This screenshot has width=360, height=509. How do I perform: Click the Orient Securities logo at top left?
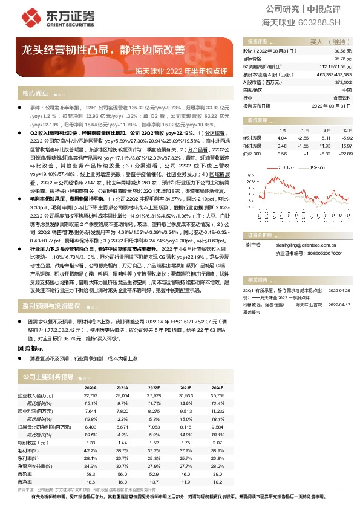point(46,16)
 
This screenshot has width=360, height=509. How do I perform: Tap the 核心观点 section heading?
point(35,93)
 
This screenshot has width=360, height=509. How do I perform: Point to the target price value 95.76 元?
point(342,59)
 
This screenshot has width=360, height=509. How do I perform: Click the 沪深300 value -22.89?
point(345,153)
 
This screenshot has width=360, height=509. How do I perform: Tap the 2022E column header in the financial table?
point(153,387)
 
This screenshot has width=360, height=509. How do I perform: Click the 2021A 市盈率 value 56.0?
point(122,475)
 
